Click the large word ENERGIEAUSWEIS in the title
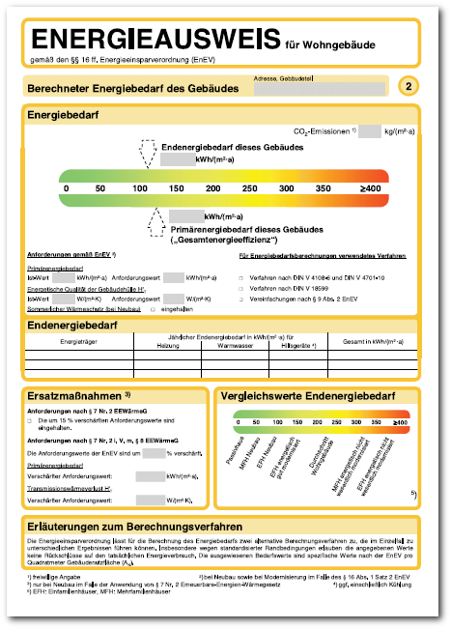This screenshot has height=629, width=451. (x=155, y=41)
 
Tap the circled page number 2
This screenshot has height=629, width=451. (x=409, y=87)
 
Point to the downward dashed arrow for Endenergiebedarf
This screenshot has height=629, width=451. (x=148, y=153)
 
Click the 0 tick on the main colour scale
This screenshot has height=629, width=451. (x=65, y=187)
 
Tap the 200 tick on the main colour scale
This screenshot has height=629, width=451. (x=212, y=187)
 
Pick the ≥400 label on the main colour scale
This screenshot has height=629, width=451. (x=370, y=187)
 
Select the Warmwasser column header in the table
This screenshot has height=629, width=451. (x=235, y=344)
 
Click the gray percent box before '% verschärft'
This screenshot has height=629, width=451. (x=155, y=452)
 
